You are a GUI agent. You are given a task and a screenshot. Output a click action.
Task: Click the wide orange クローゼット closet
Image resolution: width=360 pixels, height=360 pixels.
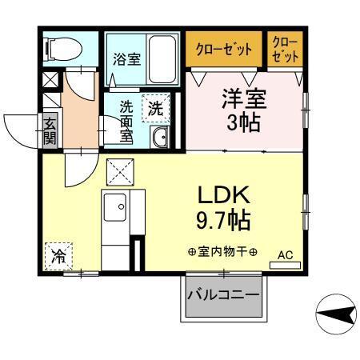point(224,50)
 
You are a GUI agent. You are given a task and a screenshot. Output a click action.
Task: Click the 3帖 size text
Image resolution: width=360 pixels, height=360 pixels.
point(243,125)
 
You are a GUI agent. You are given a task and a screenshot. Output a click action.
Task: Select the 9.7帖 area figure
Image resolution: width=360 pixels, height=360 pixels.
point(226,218)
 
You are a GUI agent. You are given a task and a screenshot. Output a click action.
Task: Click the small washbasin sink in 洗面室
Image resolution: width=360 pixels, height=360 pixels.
point(158,138)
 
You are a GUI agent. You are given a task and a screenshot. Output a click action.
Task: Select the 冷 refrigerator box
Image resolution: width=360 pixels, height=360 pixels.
point(57,256)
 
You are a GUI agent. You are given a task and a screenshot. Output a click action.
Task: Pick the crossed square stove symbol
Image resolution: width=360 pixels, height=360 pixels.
point(121,170)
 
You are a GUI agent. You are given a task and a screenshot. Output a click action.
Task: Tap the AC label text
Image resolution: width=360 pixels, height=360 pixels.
point(285,255)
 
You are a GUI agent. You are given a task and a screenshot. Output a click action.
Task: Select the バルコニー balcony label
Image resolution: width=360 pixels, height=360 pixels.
point(223,295)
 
